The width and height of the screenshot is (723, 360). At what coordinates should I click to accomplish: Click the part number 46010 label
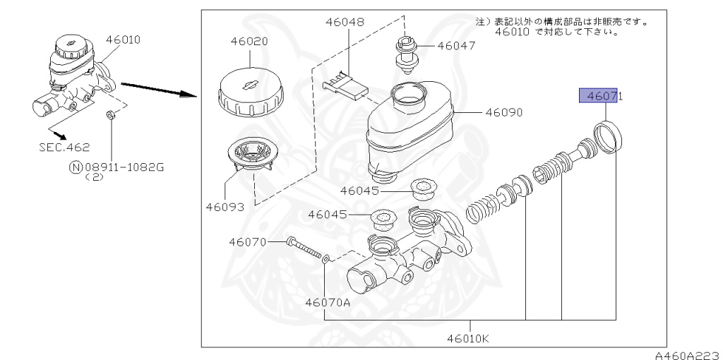pos(123,40)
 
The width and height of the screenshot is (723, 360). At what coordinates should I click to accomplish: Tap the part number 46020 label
pos(249,42)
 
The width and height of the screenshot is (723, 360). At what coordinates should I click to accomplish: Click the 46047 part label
pos(456,46)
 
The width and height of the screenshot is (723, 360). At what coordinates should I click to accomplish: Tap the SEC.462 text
pos(64,148)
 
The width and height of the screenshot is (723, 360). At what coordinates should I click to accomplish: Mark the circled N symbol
pos(76,167)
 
